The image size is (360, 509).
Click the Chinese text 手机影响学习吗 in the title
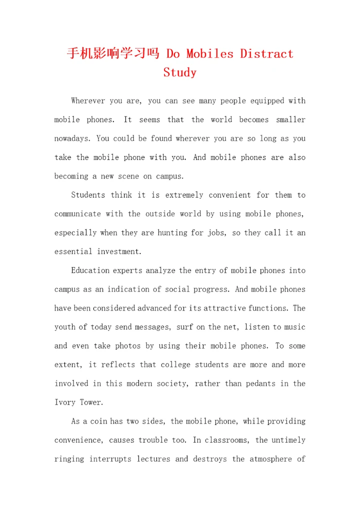pyautogui.click(x=113, y=53)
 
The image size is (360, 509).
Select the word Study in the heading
pyautogui.click(x=180, y=72)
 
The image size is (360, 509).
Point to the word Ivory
pyautogui.click(x=64, y=402)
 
